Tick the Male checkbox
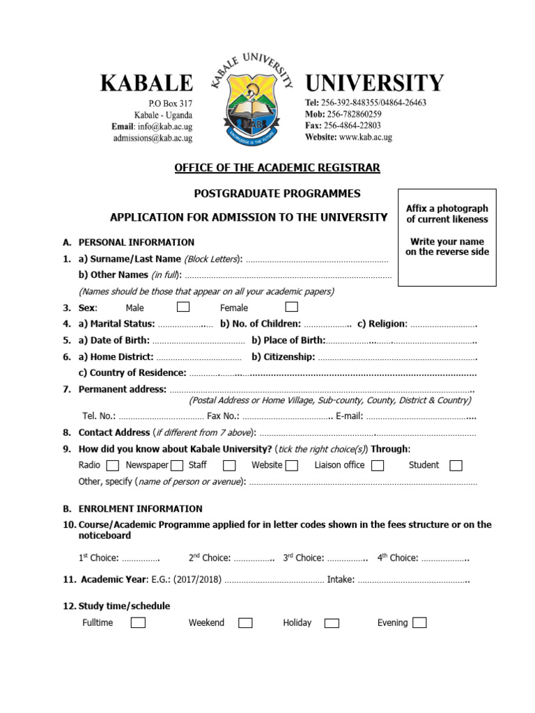click(183, 307)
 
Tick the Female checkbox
click(292, 307)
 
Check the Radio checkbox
click(113, 465)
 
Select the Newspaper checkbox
click(177, 465)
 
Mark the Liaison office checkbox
click(378, 465)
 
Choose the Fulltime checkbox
click(139, 622)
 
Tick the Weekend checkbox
click(245, 622)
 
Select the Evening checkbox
click(419, 622)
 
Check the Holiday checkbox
click(332, 622)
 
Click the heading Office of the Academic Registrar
click(277, 168)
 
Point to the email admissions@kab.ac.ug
click(153, 138)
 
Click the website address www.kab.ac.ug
click(366, 137)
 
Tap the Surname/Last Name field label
click(130, 259)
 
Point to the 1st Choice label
click(98, 558)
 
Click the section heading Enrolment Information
click(140, 508)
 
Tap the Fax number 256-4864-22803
click(352, 125)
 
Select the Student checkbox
click(456, 465)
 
